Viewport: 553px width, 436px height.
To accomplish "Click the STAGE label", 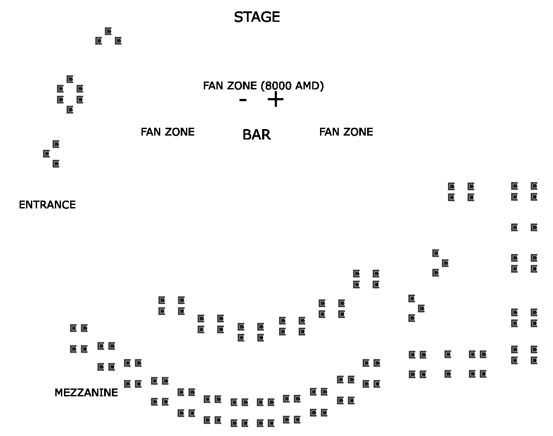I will (x=256, y=17).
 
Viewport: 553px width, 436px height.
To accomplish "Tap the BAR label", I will (x=256, y=135).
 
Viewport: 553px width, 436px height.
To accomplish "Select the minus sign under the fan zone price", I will (x=243, y=100).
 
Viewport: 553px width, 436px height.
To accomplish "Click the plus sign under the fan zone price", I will (x=275, y=100).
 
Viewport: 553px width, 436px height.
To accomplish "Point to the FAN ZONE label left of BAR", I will (x=168, y=132).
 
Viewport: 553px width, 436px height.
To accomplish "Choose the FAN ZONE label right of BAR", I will (x=346, y=132).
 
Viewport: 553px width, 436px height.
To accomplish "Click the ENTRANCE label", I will (x=47, y=204).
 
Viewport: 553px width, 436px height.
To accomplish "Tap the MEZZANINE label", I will (x=86, y=392).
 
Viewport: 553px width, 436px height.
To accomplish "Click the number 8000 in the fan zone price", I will (x=278, y=86).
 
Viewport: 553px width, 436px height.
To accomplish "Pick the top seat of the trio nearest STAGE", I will (x=108, y=31).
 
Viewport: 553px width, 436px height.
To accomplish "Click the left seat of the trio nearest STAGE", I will (x=99, y=41).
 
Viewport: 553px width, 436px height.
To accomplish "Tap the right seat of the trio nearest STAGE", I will (x=118, y=41).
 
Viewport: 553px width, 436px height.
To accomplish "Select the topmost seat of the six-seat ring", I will (x=70, y=79).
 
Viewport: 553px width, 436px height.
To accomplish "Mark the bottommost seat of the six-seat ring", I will (x=70, y=110).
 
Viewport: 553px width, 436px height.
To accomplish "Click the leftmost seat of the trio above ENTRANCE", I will (x=47, y=153).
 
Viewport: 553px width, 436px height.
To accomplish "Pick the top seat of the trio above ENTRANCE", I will (x=56, y=144).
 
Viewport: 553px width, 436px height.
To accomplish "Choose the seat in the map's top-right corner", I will (x=534, y=186).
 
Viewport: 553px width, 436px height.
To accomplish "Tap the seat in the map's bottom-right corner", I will (x=534, y=361).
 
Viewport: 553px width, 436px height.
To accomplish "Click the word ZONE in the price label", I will (x=244, y=86).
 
